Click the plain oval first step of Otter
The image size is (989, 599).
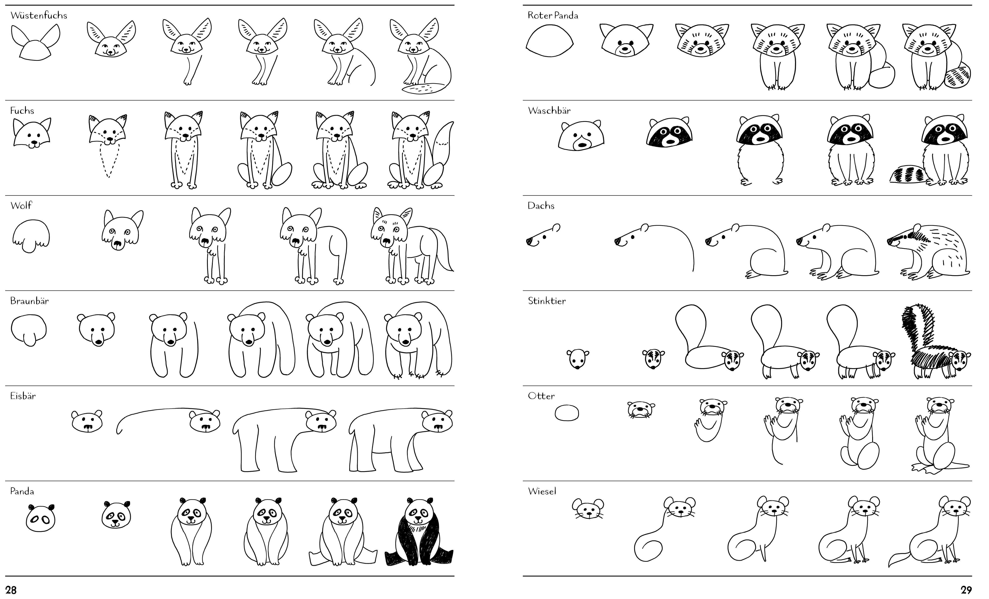click(567, 412)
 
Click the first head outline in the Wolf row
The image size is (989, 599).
click(31, 236)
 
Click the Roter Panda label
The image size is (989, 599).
click(553, 15)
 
